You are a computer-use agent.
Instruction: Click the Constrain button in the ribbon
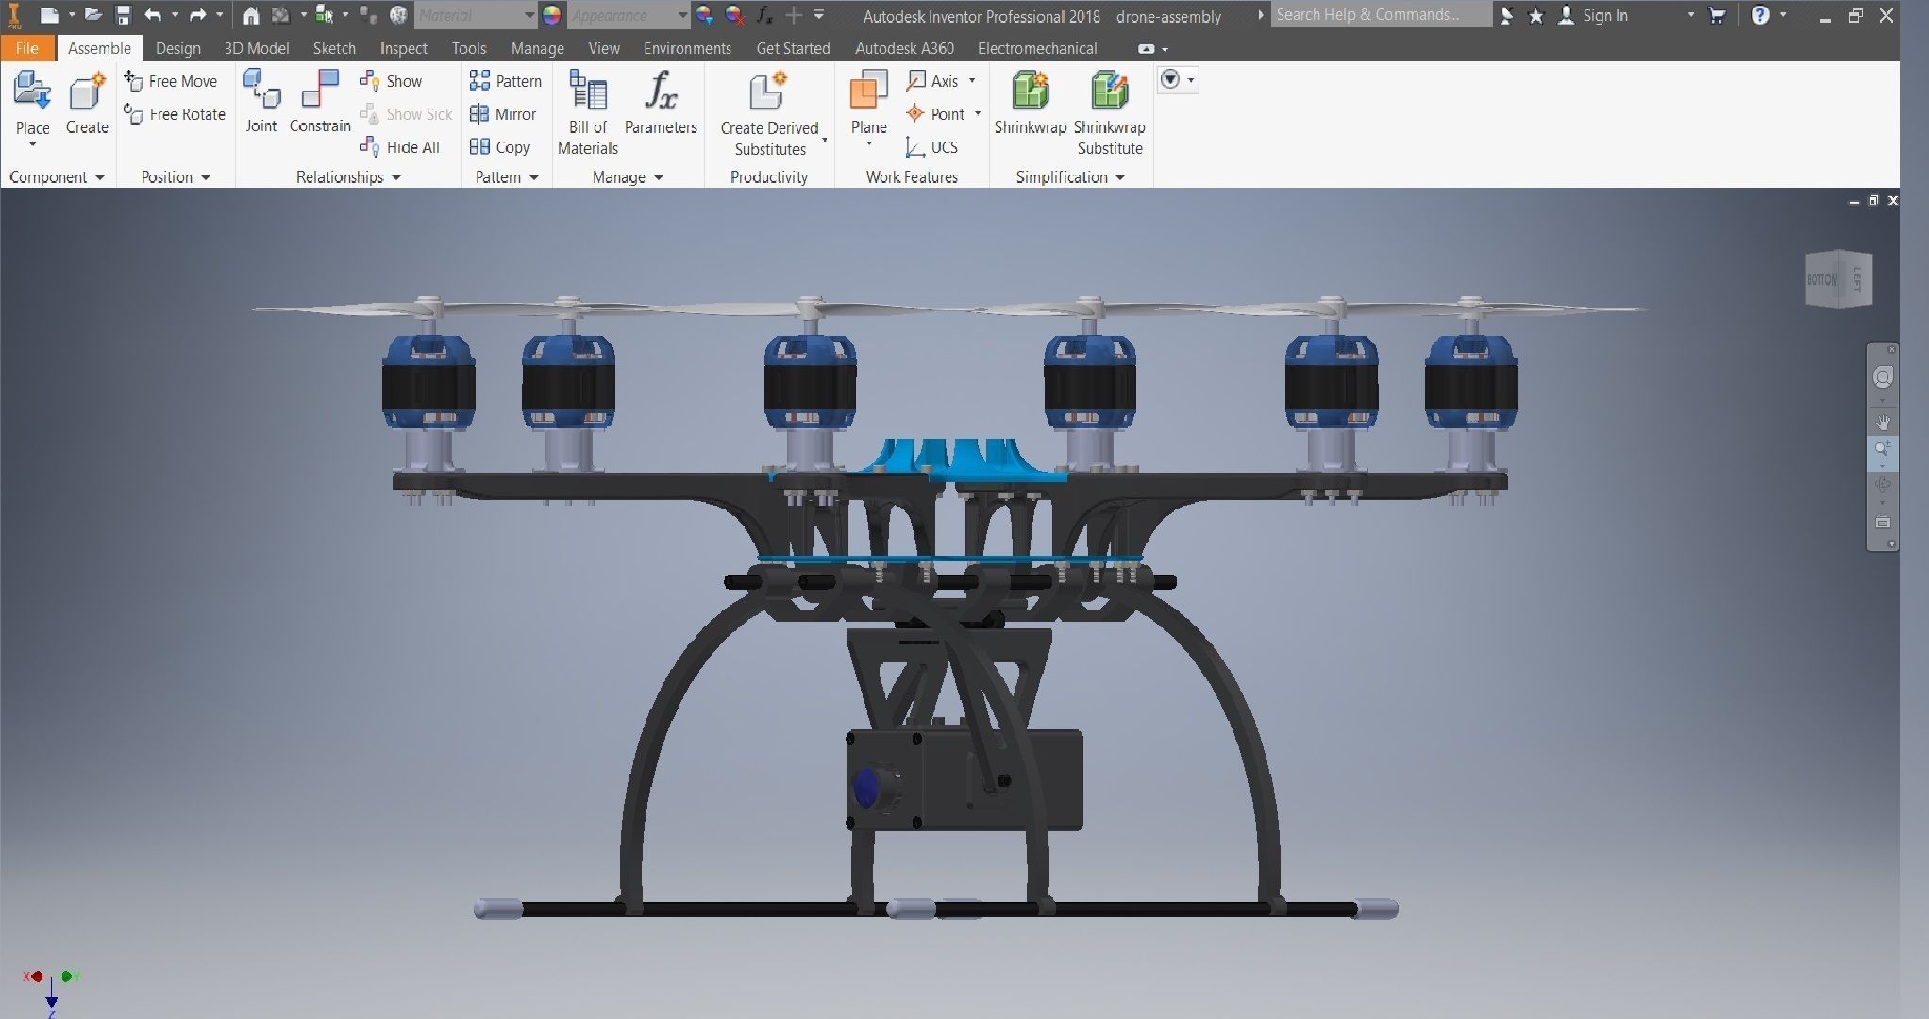pyautogui.click(x=319, y=102)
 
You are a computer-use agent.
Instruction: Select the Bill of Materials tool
pyautogui.click(x=587, y=111)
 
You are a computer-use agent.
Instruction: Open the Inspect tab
pyautogui.click(x=403, y=48)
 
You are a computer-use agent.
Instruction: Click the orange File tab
pyautogui.click(x=26, y=48)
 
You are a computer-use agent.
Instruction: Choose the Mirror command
pyautogui.click(x=504, y=114)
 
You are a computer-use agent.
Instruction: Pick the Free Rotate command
pyautogui.click(x=176, y=114)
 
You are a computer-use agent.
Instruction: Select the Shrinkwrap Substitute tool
pyautogui.click(x=1109, y=111)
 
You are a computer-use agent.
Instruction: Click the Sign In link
pyautogui.click(x=1604, y=16)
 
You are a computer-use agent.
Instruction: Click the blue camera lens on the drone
pyautogui.click(x=865, y=787)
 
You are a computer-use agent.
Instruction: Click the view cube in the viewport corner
pyautogui.click(x=1837, y=279)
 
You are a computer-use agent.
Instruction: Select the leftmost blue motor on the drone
pyautogui.click(x=428, y=383)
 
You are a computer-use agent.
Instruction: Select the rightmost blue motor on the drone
pyautogui.click(x=1470, y=383)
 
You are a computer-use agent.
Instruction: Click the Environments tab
pyautogui.click(x=687, y=48)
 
